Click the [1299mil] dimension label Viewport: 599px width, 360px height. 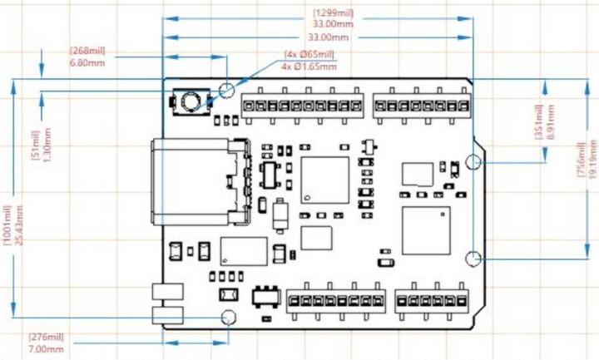(329, 13)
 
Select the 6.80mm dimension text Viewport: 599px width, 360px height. (87, 62)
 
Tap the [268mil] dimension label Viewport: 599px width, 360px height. (87, 51)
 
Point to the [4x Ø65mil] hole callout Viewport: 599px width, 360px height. (309, 54)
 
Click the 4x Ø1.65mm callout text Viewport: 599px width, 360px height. (309, 66)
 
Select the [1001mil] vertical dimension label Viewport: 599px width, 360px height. (8, 224)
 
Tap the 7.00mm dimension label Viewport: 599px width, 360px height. (46, 349)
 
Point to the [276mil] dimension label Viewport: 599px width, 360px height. (46, 338)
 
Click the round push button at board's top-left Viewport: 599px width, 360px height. (191, 102)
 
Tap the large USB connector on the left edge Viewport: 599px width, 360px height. (200, 183)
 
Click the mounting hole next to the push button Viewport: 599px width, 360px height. (227, 89)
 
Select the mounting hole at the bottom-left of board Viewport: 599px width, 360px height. (227, 317)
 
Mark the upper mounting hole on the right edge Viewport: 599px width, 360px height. (473, 162)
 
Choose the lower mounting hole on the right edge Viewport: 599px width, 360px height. (473, 258)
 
